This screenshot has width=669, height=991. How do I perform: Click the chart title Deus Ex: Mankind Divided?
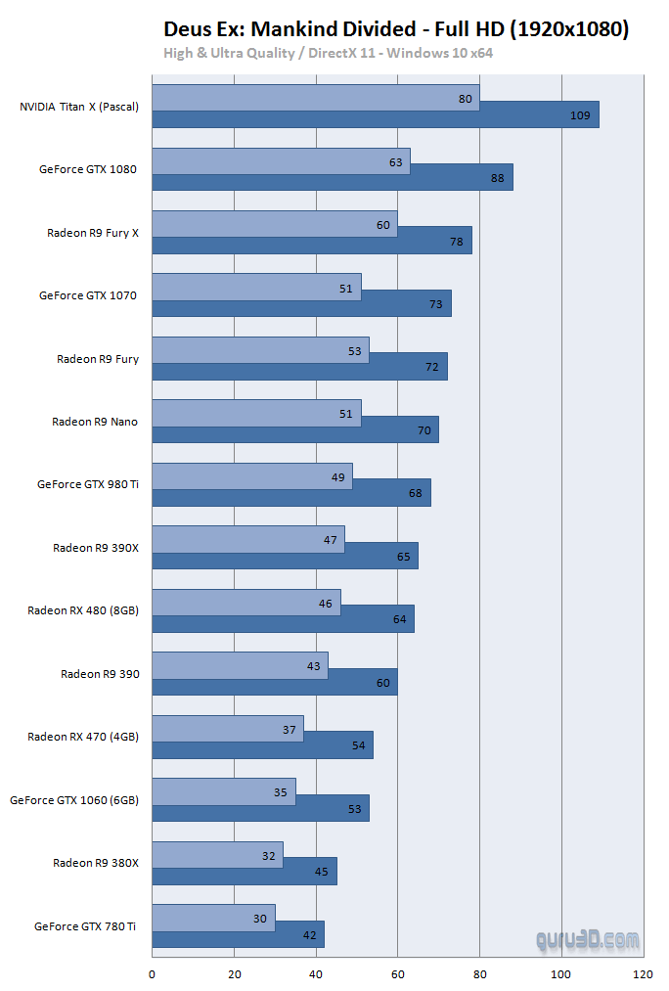coord(396,29)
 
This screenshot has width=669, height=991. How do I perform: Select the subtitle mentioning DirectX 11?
coord(328,53)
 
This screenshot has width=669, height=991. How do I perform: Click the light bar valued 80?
coord(315,98)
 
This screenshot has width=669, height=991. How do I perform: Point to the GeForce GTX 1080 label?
coord(88,169)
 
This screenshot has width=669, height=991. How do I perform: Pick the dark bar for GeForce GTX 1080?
coord(333,178)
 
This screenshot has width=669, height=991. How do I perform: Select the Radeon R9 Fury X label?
coord(93,233)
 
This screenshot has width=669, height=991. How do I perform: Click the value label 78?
coord(457,241)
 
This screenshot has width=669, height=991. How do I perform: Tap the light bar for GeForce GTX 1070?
coord(256,287)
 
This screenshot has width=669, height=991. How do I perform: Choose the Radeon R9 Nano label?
coord(95,422)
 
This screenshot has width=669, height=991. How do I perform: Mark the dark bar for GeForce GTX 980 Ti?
coord(291,493)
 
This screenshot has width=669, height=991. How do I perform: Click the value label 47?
coord(330,540)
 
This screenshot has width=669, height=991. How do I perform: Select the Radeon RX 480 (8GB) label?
coord(83,610)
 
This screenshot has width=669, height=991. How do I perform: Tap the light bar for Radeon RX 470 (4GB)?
coord(228,729)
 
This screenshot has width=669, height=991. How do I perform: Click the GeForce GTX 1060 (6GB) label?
coord(74,799)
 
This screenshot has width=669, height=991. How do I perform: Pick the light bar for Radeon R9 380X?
coord(217,855)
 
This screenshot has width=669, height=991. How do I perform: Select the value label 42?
coord(309,934)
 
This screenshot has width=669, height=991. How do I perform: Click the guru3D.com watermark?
coord(588,941)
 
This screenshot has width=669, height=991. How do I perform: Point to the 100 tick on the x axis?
coord(561,974)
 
